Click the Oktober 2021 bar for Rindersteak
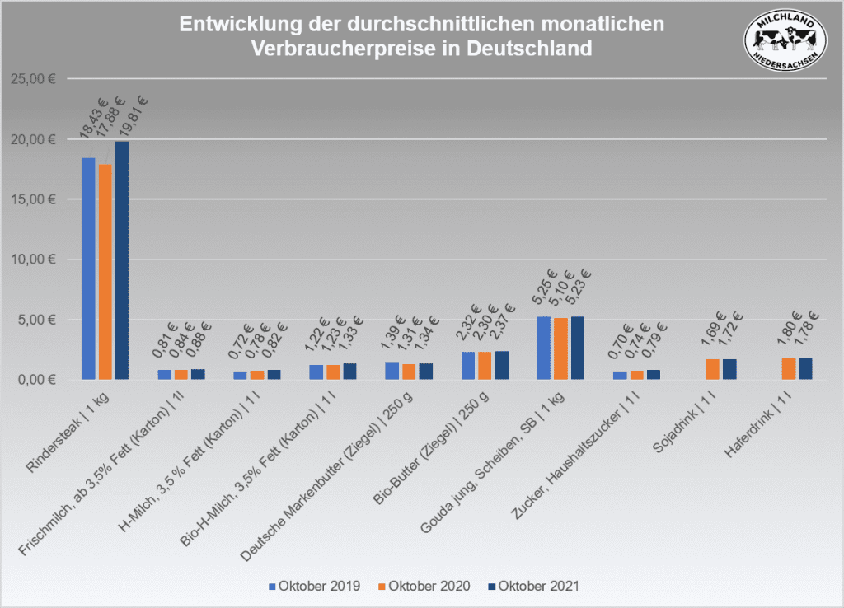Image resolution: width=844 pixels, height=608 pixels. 122,260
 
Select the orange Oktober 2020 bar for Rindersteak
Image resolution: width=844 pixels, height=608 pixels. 105,272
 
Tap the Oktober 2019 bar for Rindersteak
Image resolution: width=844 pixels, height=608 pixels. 88,269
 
